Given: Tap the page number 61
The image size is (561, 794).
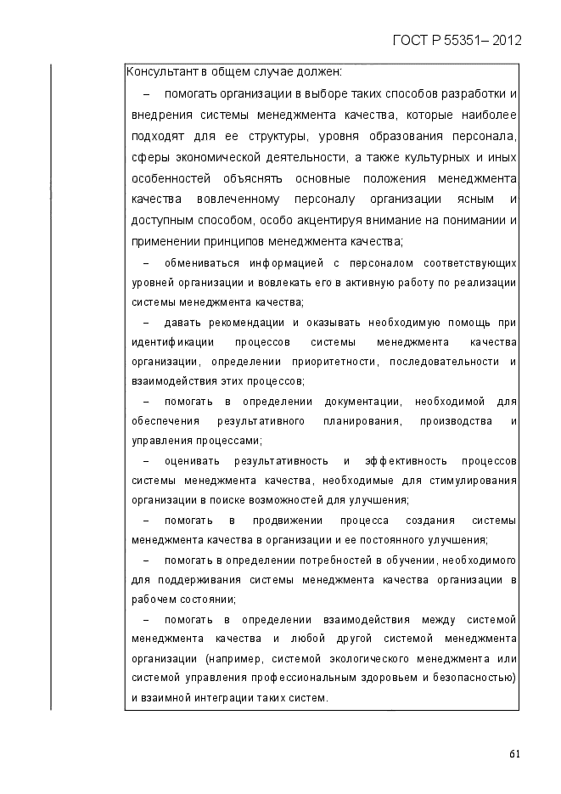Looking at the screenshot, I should (x=515, y=752).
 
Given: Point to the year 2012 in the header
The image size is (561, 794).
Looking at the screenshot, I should (x=507, y=40).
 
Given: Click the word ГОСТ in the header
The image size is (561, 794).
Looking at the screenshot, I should (x=411, y=40).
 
